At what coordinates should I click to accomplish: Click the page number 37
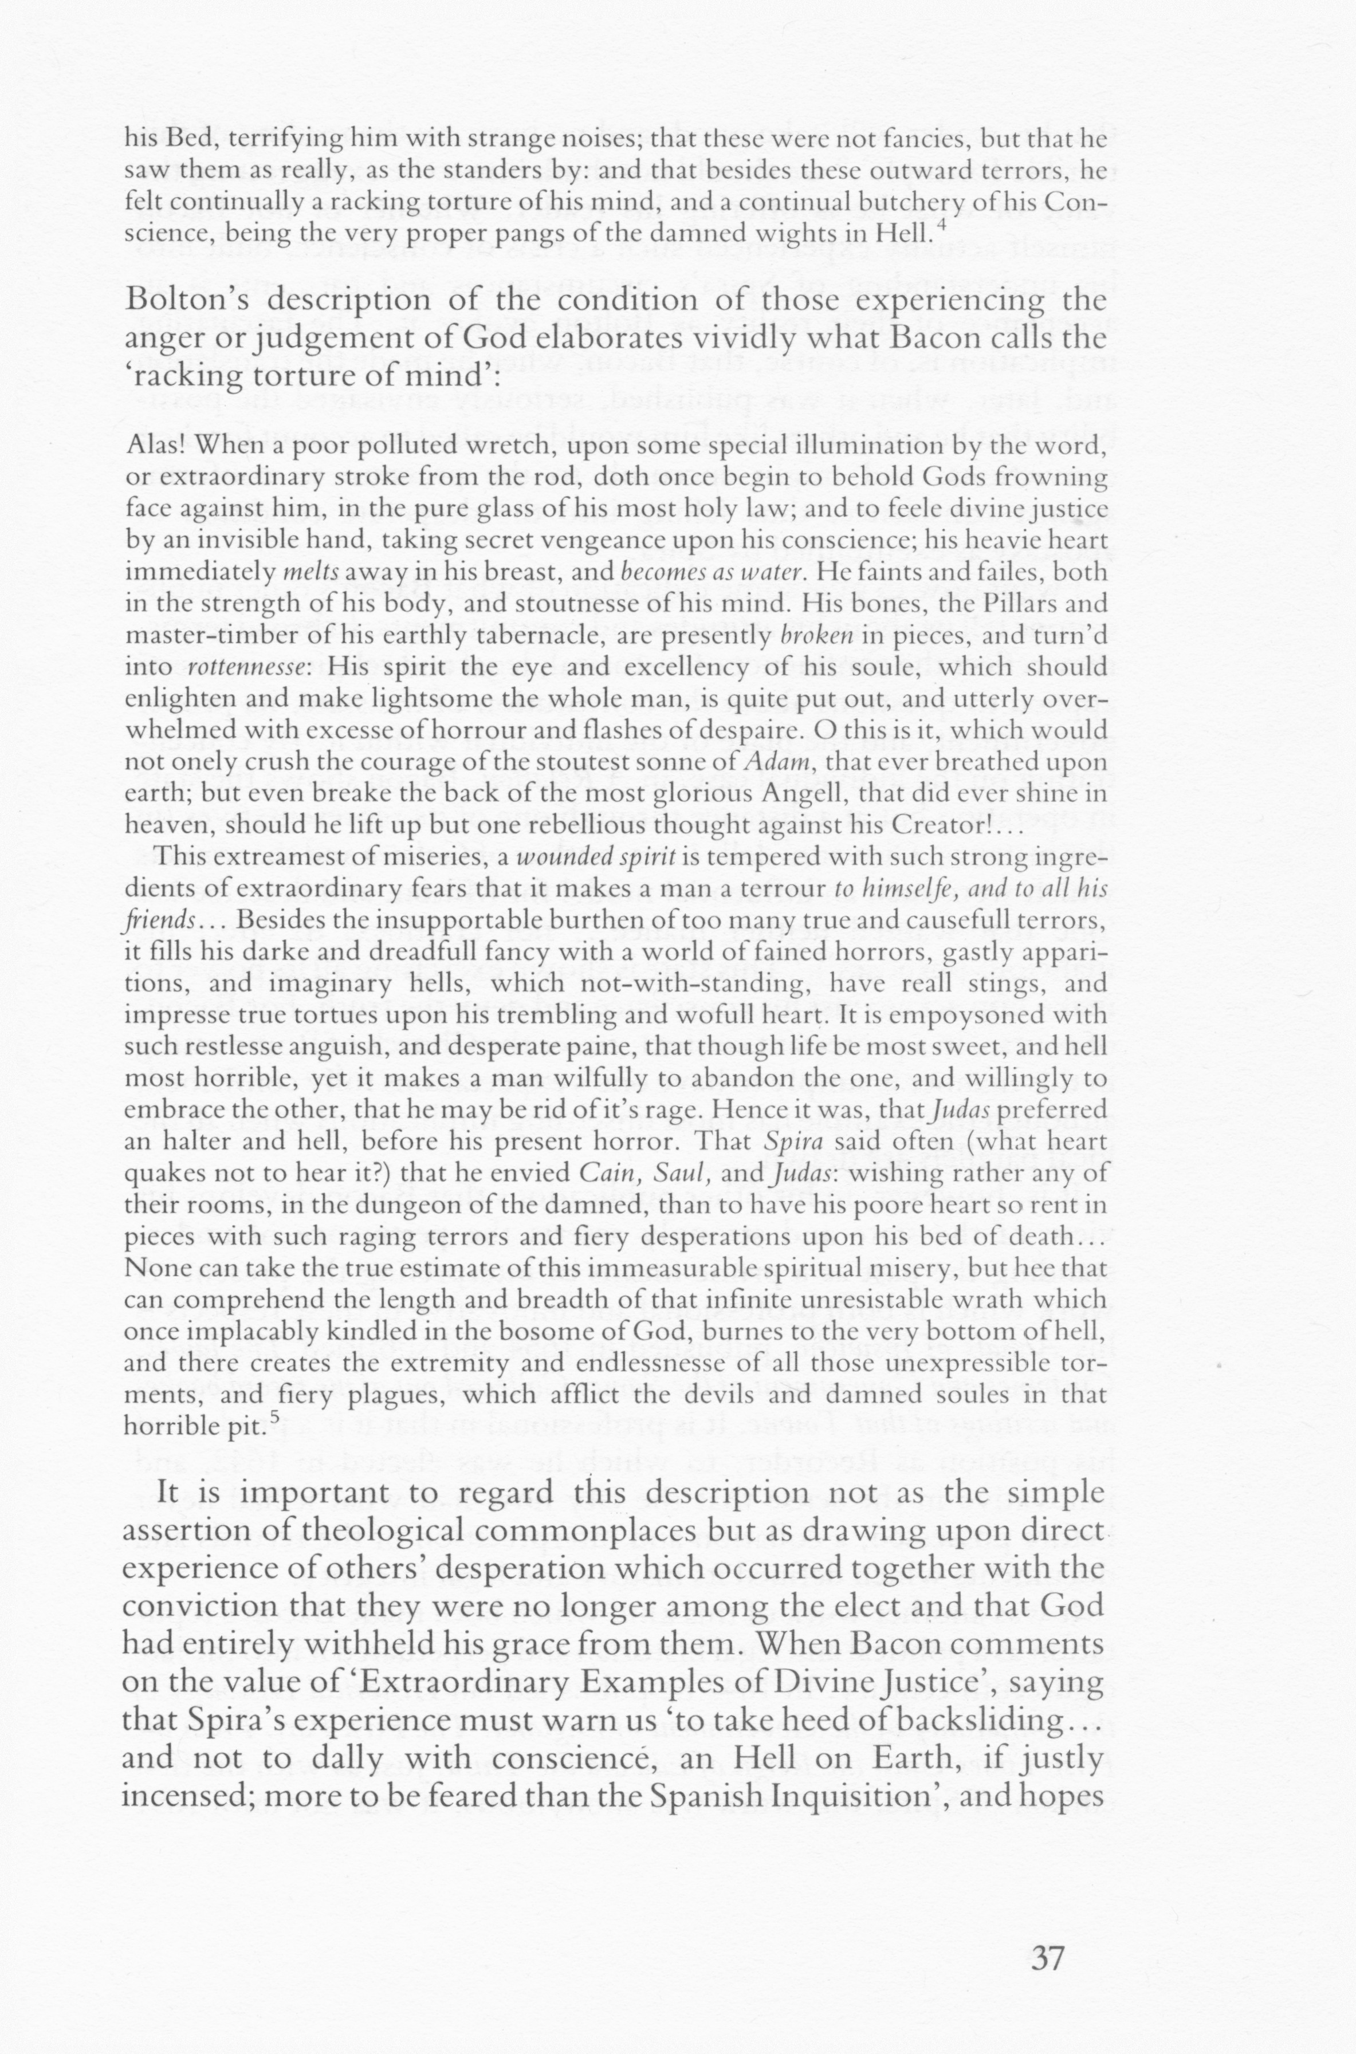[1047, 1931]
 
